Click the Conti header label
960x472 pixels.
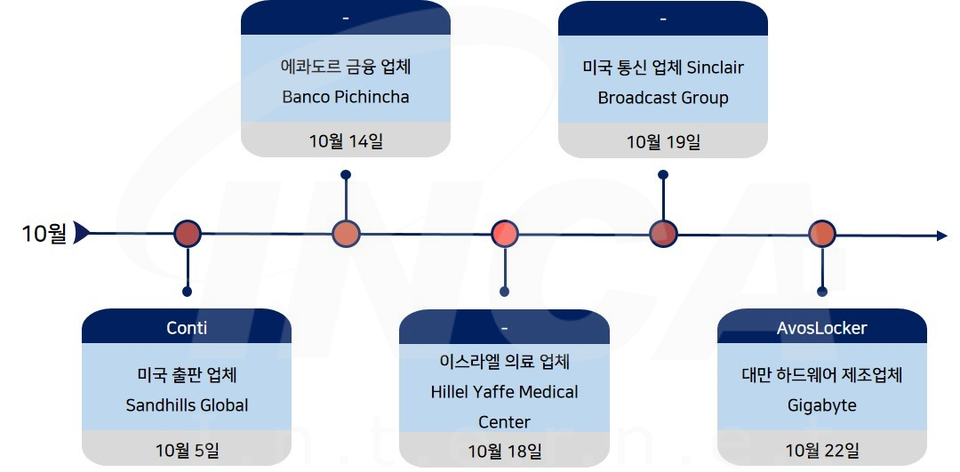click(x=187, y=328)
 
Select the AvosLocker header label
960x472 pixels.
click(x=821, y=328)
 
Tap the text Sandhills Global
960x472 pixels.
click(x=187, y=405)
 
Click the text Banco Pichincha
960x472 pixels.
click(x=346, y=97)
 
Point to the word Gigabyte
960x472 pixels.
click(x=821, y=405)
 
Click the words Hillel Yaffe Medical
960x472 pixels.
click(x=504, y=392)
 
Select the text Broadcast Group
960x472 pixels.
click(x=662, y=98)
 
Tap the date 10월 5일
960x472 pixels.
click(x=187, y=452)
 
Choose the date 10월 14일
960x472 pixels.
click(x=346, y=140)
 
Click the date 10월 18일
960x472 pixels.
click(x=504, y=452)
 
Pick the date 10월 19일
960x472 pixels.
click(x=662, y=141)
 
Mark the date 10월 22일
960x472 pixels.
click(x=821, y=452)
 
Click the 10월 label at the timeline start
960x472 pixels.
click(x=44, y=234)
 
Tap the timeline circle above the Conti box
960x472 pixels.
click(x=188, y=234)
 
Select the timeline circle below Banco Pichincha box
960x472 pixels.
click(x=346, y=234)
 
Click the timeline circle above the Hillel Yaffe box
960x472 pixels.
click(x=504, y=234)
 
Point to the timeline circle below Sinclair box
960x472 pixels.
click(x=663, y=234)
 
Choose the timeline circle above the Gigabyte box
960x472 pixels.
click(x=822, y=234)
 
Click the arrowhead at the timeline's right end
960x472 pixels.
click(x=942, y=236)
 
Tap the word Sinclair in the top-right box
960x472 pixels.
click(x=716, y=68)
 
